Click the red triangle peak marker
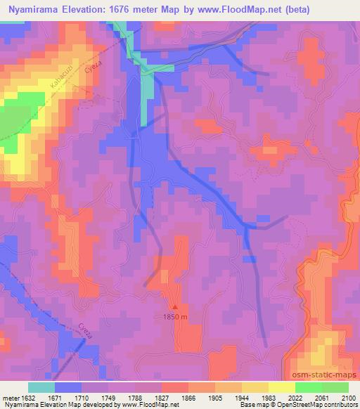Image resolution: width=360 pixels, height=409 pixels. tap(175, 306)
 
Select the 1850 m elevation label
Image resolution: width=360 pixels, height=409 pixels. tap(175, 318)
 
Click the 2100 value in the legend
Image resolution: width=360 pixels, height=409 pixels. tap(349, 398)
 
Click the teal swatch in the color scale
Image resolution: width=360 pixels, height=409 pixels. tap(41, 387)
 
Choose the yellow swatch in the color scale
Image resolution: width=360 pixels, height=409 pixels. tap(281, 387)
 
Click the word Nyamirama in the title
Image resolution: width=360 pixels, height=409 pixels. tap(34, 10)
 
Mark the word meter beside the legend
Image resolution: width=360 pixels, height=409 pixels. tap(9, 398)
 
